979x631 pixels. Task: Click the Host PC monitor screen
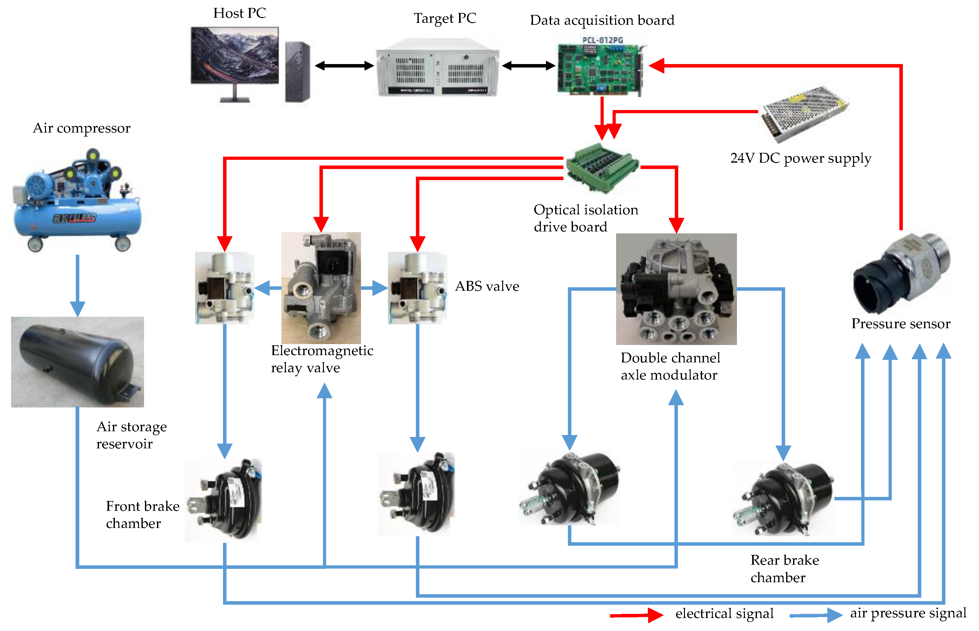(234, 55)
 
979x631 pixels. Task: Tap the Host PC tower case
(297, 72)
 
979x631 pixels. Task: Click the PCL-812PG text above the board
(602, 40)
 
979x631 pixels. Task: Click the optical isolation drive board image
(602, 168)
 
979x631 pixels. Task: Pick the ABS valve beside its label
(417, 288)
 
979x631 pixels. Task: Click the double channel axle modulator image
(676, 289)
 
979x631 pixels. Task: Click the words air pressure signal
(908, 613)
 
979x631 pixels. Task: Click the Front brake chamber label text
(142, 515)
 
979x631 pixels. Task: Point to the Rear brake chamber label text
(784, 569)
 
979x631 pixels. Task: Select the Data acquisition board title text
(602, 20)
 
